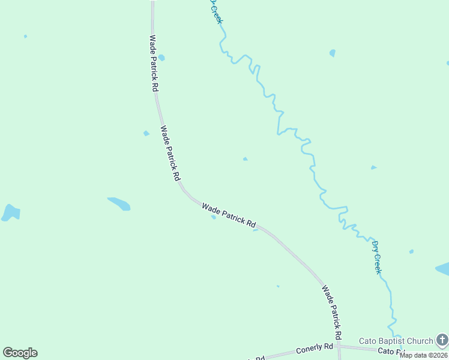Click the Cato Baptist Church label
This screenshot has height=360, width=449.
click(396, 341)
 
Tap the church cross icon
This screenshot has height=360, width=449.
click(442, 341)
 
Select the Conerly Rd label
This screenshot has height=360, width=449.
click(314, 349)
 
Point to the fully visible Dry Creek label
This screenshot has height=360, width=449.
click(376, 257)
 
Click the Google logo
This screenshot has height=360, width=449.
click(20, 353)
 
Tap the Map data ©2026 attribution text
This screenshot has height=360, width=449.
click(424, 355)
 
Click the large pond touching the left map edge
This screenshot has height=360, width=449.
click(10, 212)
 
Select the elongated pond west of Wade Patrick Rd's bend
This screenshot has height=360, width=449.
click(119, 203)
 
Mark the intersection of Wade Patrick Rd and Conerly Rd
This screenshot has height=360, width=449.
click(339, 346)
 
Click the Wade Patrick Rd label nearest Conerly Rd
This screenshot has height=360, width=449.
click(331, 311)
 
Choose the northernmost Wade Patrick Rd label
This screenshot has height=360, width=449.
click(154, 63)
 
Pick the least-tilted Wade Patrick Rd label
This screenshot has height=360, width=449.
click(229, 215)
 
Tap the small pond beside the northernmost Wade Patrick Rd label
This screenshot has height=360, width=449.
click(161, 58)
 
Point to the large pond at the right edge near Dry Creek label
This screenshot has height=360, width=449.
click(443, 269)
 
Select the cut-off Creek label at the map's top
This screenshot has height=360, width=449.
click(216, 12)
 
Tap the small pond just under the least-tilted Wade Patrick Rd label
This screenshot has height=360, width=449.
click(213, 217)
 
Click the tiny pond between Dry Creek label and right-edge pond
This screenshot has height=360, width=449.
click(411, 251)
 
